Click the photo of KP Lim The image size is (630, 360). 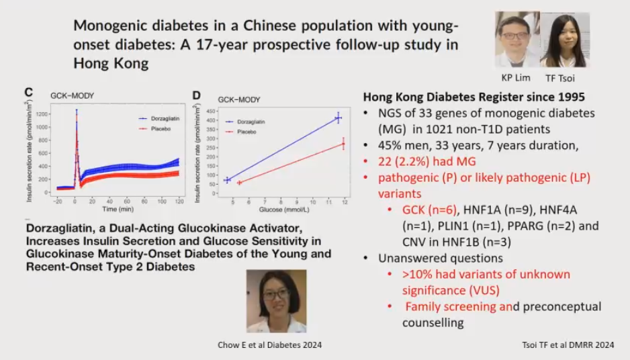point(517,39)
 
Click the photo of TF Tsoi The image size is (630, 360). point(564,40)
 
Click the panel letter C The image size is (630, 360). point(29,93)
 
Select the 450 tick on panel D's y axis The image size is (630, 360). point(210,110)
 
